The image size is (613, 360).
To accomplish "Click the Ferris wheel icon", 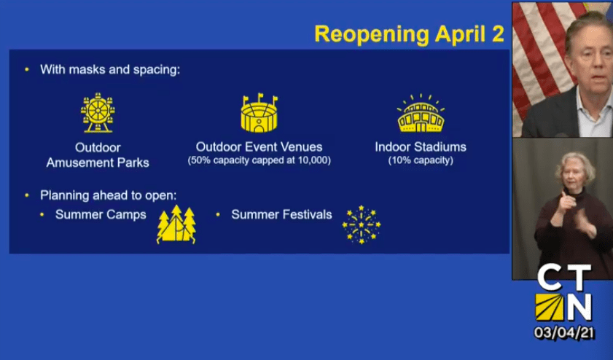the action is coord(98,112).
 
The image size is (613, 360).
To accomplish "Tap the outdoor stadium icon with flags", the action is coord(259,113).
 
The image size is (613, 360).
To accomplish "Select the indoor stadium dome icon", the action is coord(421,114).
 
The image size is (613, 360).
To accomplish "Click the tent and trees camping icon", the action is coord(176,224).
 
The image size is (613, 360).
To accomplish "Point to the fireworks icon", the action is coord(362,224).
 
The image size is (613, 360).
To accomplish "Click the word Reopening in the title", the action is coord(372,34).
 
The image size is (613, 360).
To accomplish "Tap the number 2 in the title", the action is coord(498,34).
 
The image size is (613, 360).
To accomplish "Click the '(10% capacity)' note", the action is coord(421,160).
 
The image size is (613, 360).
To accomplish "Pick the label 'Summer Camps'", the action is coord(101,214).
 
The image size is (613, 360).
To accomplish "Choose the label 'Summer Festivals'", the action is coord(281,214).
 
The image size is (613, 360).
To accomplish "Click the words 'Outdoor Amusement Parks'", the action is coord(98,155).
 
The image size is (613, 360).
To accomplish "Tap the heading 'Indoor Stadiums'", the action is coord(421,147).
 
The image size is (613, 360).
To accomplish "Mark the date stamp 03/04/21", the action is coord(564,332).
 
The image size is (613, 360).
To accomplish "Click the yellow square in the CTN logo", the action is coord(550,308).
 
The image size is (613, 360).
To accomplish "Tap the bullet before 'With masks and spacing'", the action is coord(27,69).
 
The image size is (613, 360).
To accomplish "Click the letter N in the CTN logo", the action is coord(580,308).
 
